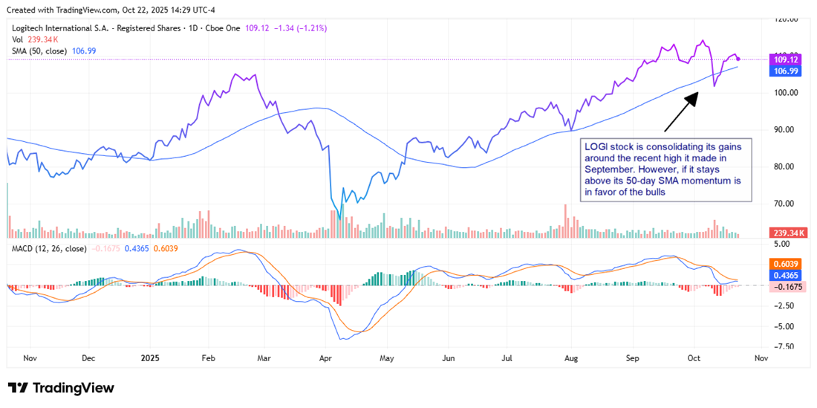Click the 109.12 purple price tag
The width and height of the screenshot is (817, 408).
click(x=787, y=59)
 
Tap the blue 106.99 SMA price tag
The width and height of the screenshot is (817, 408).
click(x=787, y=71)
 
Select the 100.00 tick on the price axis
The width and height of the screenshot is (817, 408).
click(x=787, y=93)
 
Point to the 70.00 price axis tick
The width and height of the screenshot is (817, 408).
click(x=787, y=204)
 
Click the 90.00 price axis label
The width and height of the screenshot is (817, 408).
click(x=787, y=130)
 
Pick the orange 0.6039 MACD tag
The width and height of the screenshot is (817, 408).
click(x=787, y=264)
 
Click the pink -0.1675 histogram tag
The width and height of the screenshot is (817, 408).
click(x=787, y=286)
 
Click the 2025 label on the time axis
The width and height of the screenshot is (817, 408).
click(x=150, y=357)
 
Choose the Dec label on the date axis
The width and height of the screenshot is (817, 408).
click(x=88, y=357)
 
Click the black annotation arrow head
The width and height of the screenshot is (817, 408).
click(x=696, y=94)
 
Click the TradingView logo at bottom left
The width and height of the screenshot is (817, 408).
click(x=61, y=388)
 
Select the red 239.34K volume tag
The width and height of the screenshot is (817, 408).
click(x=787, y=233)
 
